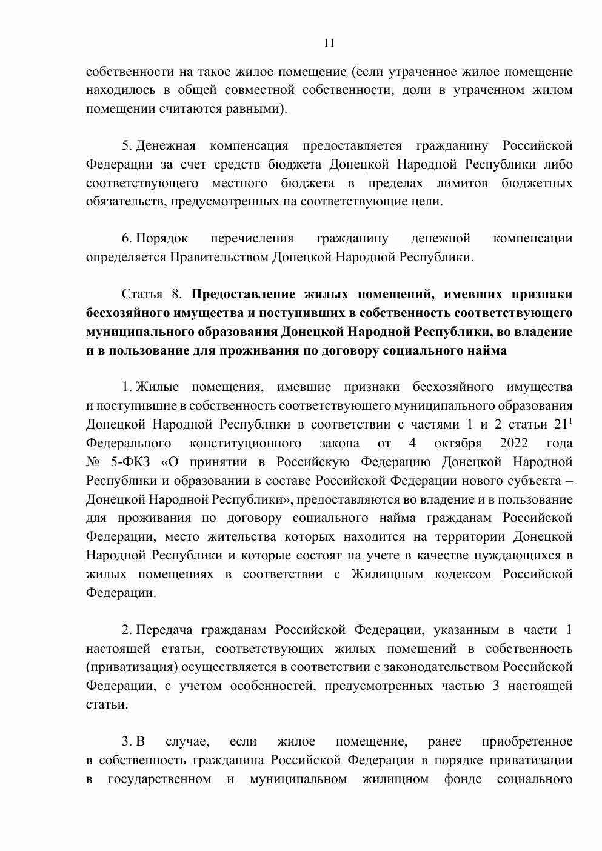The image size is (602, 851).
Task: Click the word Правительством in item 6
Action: [x=219, y=257]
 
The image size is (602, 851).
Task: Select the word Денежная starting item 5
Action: [x=166, y=146]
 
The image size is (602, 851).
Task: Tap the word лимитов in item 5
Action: [x=461, y=183]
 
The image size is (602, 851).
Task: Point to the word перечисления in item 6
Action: [x=252, y=239]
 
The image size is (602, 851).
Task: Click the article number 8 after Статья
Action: [x=176, y=295]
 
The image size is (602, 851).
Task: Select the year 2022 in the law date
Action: [x=514, y=444]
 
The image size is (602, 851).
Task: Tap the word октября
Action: [x=458, y=444]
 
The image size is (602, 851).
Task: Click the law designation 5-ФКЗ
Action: [x=129, y=462]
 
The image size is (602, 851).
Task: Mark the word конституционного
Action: [x=246, y=444]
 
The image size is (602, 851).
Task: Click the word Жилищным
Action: [x=387, y=574]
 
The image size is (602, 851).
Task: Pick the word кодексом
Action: [x=463, y=574]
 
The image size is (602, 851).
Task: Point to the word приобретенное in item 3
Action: [x=527, y=742]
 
